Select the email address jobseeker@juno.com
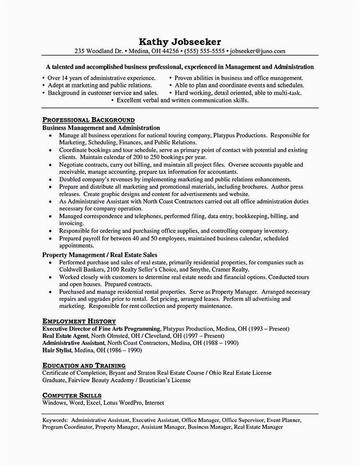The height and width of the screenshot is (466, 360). (256, 51)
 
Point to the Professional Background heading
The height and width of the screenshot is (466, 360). (88, 120)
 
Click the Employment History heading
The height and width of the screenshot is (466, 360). (79, 321)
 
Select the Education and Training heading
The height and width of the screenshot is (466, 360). (84, 366)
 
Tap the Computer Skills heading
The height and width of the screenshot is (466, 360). (72, 395)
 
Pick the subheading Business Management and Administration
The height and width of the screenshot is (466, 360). (101, 128)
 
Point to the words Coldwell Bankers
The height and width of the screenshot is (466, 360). (80, 269)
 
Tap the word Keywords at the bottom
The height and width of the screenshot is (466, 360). (55, 420)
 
